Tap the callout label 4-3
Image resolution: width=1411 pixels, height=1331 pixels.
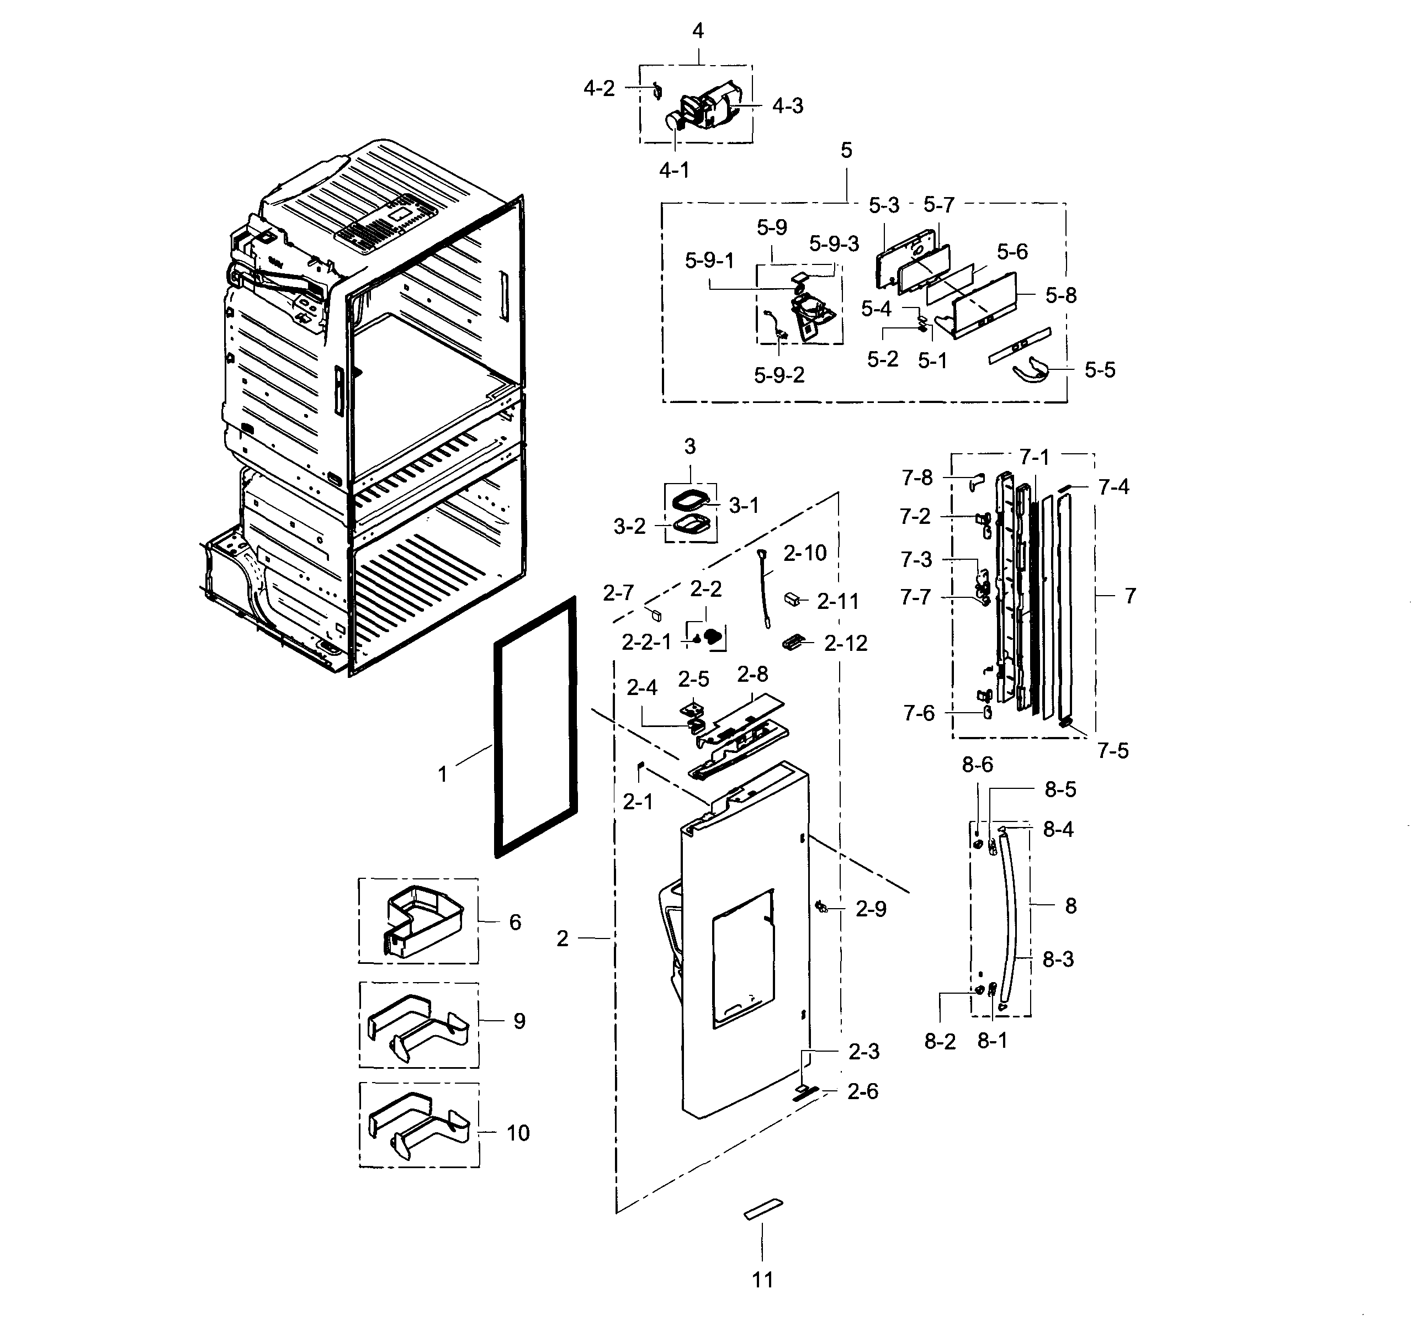tap(787, 106)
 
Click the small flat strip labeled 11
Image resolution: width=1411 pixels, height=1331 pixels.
tap(763, 1210)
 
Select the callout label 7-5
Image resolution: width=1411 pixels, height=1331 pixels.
tap(1112, 750)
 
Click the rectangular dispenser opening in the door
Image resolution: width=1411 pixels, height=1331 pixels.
tap(743, 958)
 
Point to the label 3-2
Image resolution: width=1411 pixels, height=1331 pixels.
tap(629, 526)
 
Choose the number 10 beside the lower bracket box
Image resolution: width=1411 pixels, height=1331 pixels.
tap(517, 1133)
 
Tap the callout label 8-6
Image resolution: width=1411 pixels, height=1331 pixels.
tap(977, 765)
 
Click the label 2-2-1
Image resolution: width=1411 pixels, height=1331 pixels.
tap(646, 643)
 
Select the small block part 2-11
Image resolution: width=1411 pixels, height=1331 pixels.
tap(792, 599)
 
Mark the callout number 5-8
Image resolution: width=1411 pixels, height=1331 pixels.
tap(1060, 295)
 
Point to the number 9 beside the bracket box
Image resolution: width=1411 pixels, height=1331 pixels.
tap(519, 1021)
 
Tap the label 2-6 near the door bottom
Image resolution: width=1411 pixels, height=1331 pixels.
tap(862, 1091)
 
